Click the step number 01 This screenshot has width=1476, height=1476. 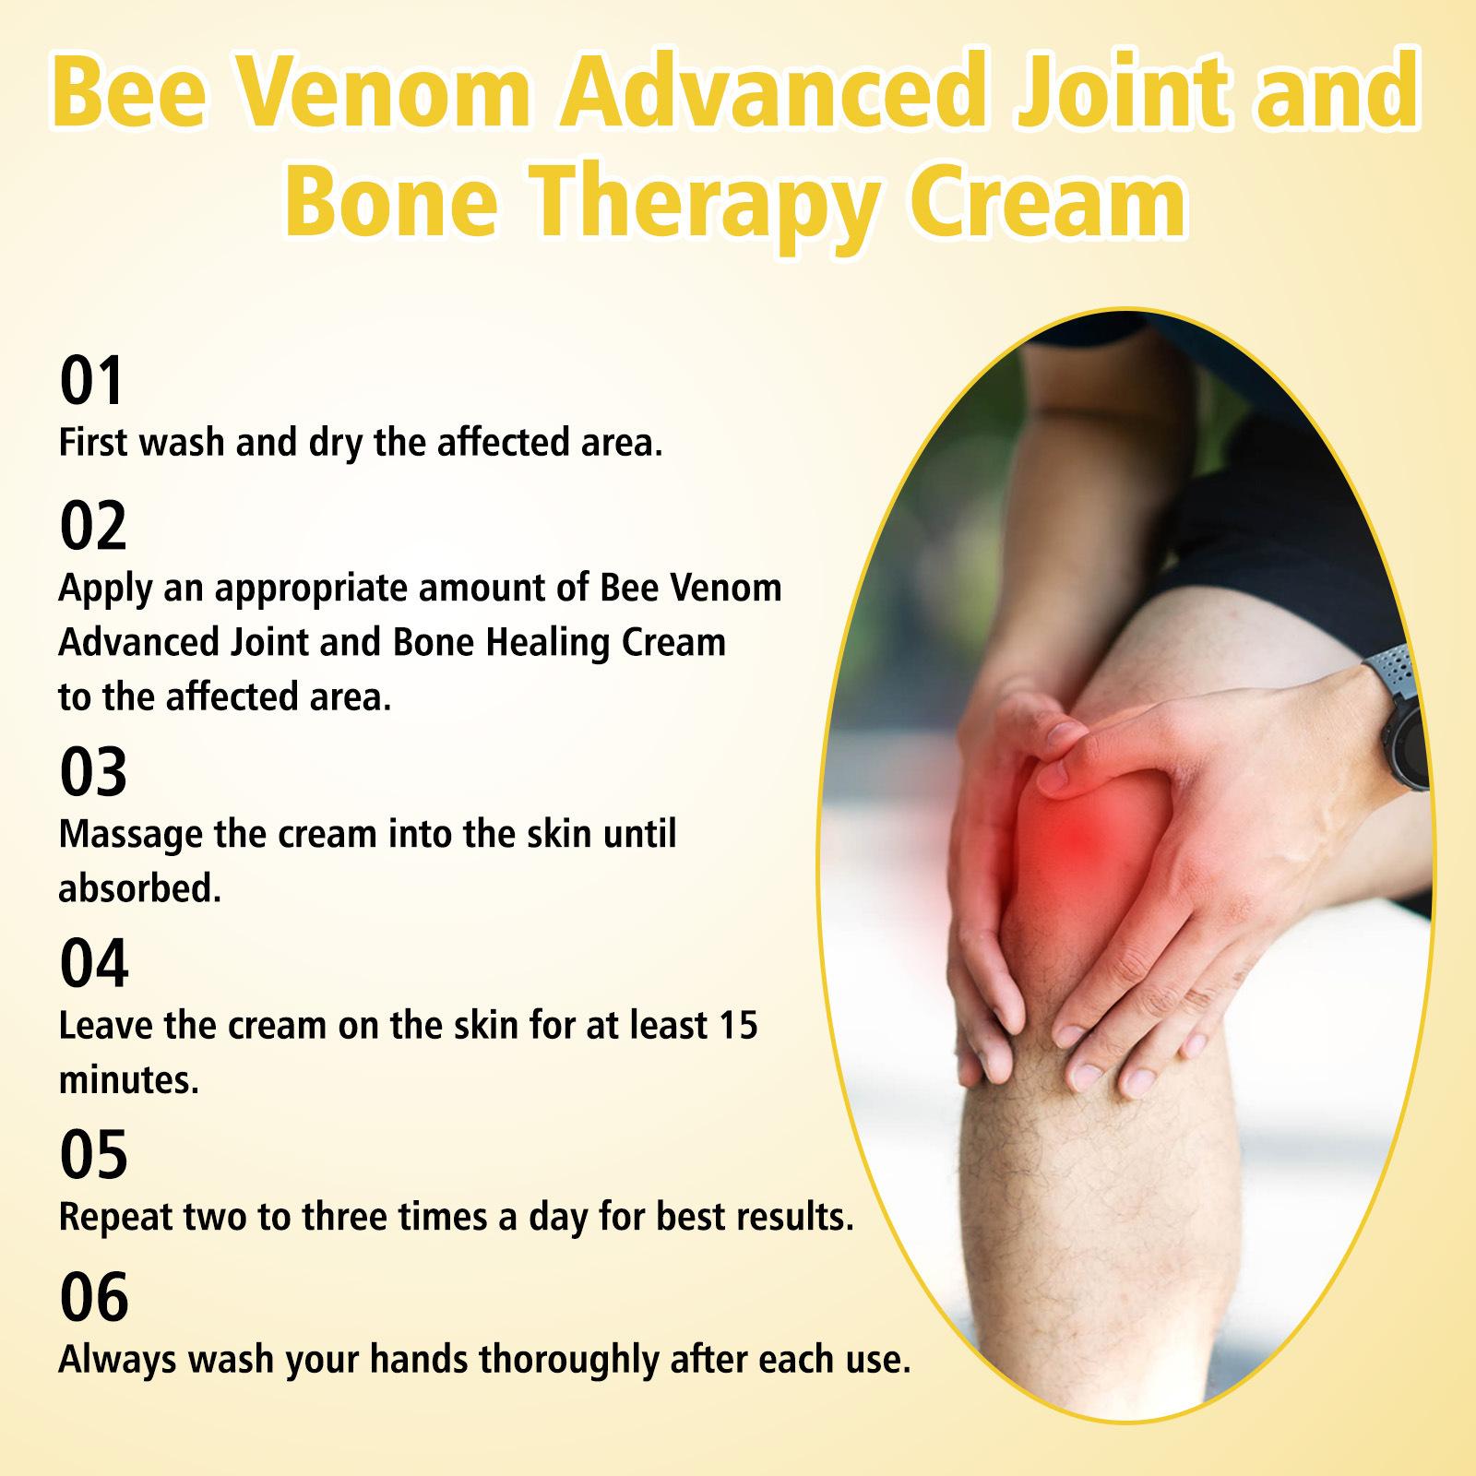click(x=91, y=381)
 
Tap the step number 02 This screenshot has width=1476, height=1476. click(x=93, y=526)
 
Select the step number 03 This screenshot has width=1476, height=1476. click(x=93, y=772)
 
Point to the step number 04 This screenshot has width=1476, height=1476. click(x=94, y=964)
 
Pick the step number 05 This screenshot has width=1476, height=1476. click(x=93, y=1156)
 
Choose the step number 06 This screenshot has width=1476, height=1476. click(x=93, y=1298)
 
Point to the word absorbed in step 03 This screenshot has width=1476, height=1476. click(x=140, y=888)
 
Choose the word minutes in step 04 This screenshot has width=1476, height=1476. click(x=129, y=1080)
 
